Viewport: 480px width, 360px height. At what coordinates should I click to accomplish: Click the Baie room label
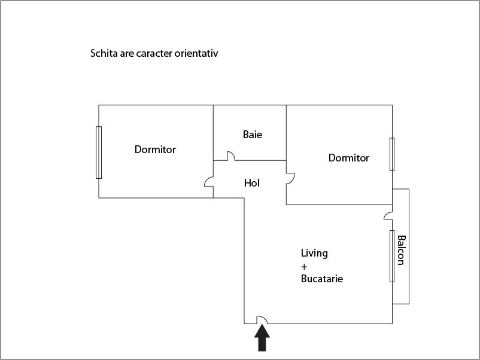(x=252, y=135)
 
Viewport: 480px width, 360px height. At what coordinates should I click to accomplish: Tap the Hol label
(x=251, y=183)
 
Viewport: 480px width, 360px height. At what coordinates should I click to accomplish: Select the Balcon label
(x=402, y=250)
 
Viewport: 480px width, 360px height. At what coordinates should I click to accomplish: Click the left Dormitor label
(x=155, y=150)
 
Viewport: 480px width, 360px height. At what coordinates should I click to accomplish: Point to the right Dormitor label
(x=349, y=158)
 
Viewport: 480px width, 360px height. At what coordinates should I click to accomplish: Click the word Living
(x=314, y=253)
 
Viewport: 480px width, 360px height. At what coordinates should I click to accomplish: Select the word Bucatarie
(x=322, y=279)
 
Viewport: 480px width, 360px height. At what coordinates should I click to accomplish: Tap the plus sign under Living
(x=304, y=267)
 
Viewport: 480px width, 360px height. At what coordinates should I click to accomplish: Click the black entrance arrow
(x=262, y=337)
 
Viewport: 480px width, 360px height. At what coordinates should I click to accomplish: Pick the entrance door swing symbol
(x=262, y=319)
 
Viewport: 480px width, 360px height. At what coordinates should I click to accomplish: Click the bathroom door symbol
(x=231, y=156)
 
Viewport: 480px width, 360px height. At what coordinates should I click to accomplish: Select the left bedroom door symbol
(x=209, y=182)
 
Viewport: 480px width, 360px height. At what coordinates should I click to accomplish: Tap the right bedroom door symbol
(x=290, y=179)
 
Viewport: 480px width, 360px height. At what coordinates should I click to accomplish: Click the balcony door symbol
(x=388, y=216)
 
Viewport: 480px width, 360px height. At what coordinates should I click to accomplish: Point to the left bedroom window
(x=99, y=152)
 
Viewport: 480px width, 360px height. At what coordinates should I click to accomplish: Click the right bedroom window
(x=392, y=154)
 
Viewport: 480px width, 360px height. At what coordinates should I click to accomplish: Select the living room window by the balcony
(x=392, y=256)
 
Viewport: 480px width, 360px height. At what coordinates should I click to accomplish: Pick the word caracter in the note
(x=154, y=54)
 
